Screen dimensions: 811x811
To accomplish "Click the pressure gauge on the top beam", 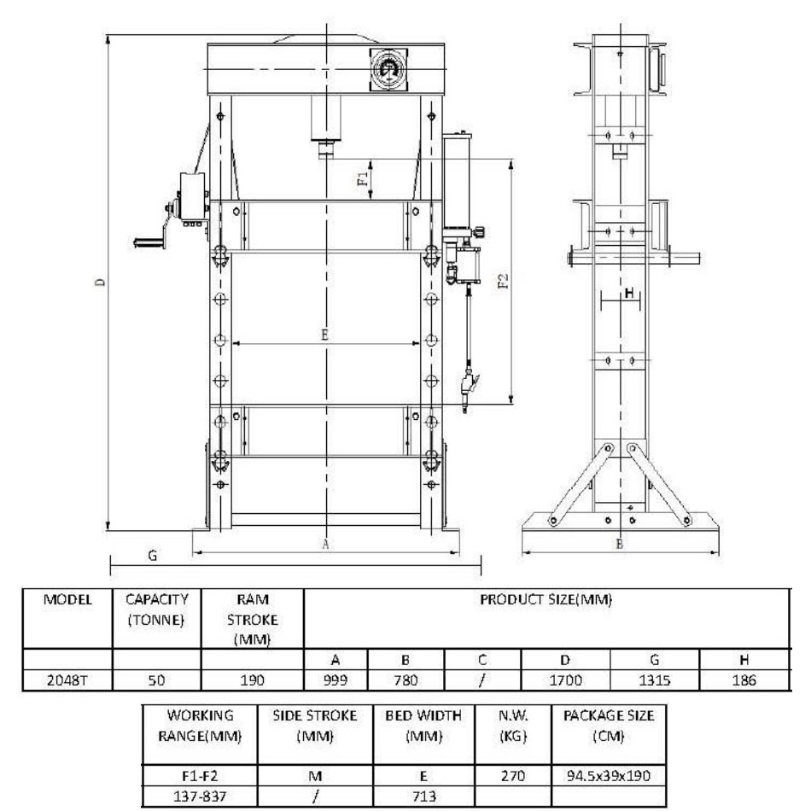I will pos(389,69).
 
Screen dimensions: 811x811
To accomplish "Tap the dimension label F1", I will pos(362,178).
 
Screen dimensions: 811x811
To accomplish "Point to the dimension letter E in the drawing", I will pos(324,335).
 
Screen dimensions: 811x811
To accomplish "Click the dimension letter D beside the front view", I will pos(101,282).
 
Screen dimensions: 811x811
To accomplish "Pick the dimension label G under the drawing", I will pos(153,555).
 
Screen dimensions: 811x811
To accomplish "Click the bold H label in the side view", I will pos(630,293).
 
